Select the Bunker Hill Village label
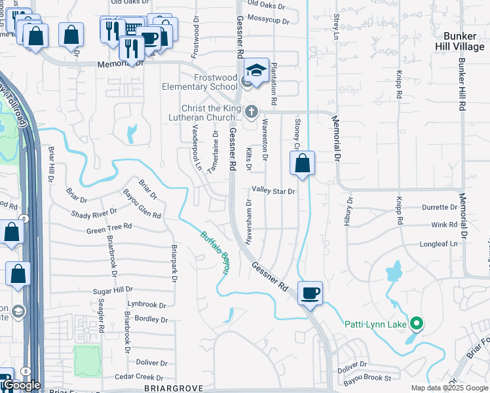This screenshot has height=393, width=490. coord(462,41)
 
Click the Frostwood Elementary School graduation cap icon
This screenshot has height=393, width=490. coord(256,71)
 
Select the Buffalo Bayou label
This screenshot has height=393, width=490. coord(216,254)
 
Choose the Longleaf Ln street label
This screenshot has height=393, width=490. coord(440,244)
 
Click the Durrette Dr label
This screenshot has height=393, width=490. coord(439,207)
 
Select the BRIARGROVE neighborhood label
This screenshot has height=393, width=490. coord(171,388)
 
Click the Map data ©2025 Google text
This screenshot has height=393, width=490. coord(449,388)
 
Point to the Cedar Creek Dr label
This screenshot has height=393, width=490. coord(139,377)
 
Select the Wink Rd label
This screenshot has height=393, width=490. coord(444,225)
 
